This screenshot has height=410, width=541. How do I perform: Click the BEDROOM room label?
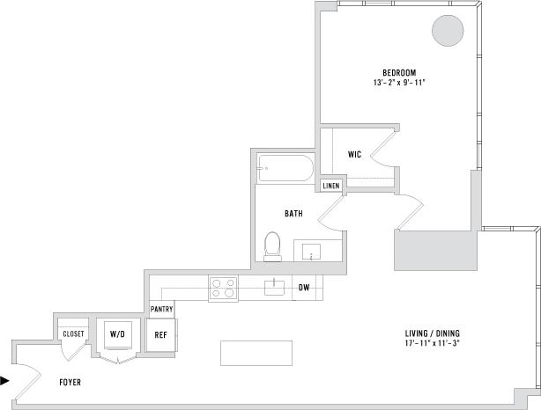click(x=399, y=72)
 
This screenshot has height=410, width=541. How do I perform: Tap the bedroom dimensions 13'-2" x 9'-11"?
click(x=399, y=83)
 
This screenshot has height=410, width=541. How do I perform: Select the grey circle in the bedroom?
click(x=447, y=31)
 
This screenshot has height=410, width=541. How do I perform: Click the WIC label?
click(x=354, y=155)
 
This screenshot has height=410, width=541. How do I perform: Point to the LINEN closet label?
click(x=331, y=186)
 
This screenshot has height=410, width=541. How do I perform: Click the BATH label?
click(x=294, y=214)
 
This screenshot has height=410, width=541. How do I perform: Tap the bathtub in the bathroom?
click(x=285, y=168)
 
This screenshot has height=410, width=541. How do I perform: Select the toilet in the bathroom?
click(x=272, y=245)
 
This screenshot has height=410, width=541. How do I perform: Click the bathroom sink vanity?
click(x=312, y=252)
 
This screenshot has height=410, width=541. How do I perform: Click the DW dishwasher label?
click(x=304, y=288)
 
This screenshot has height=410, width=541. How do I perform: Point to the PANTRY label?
click(x=161, y=310)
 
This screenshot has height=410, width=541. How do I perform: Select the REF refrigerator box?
click(x=160, y=334)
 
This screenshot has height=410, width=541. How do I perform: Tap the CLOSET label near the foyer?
click(x=73, y=333)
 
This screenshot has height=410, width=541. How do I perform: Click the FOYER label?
click(x=70, y=383)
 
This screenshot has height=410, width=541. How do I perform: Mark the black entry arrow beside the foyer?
click(x=6, y=381)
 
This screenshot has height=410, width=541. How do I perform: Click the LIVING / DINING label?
click(x=433, y=333)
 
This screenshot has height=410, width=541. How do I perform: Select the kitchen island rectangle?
click(x=256, y=353)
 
